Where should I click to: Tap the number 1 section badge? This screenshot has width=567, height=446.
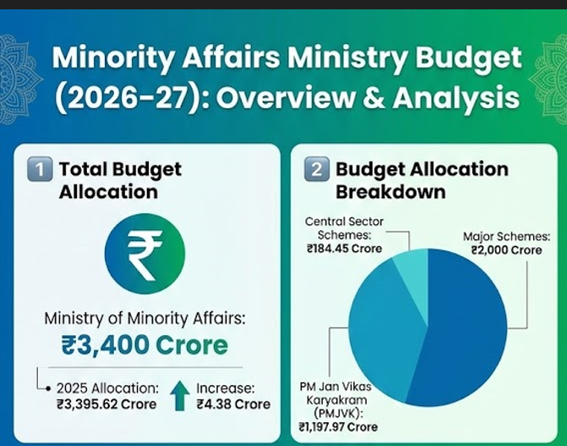pos(39,169)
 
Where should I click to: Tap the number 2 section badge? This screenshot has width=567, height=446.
pos(315,169)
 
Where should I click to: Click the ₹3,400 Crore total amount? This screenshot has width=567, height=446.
pos(144,344)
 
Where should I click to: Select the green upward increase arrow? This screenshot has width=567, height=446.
pos(178,395)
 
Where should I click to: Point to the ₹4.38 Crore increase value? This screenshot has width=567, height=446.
pos(233,404)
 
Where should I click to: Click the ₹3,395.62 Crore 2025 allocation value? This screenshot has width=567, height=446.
pos(106,404)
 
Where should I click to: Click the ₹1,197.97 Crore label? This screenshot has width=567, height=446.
pos(338,427)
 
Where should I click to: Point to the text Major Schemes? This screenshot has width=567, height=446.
pos(502,236)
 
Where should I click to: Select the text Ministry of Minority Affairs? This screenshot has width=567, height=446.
pos(144,319)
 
